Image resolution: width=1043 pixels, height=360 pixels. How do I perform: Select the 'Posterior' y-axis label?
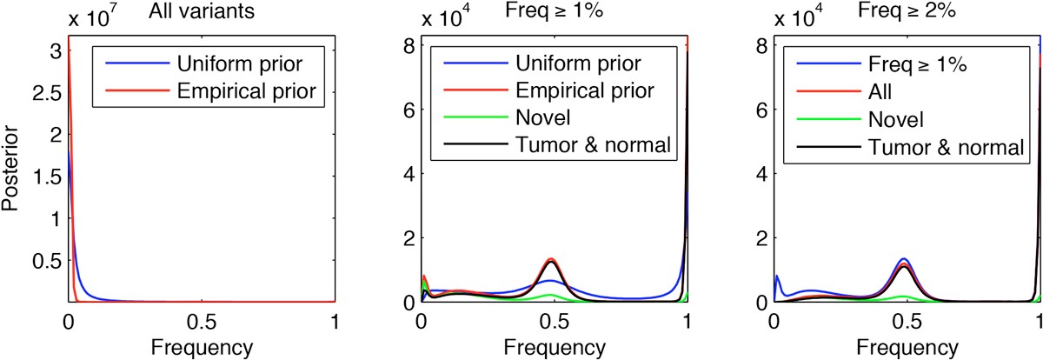[12, 168]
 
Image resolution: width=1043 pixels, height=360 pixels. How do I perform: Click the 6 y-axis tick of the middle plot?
[408, 110]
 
